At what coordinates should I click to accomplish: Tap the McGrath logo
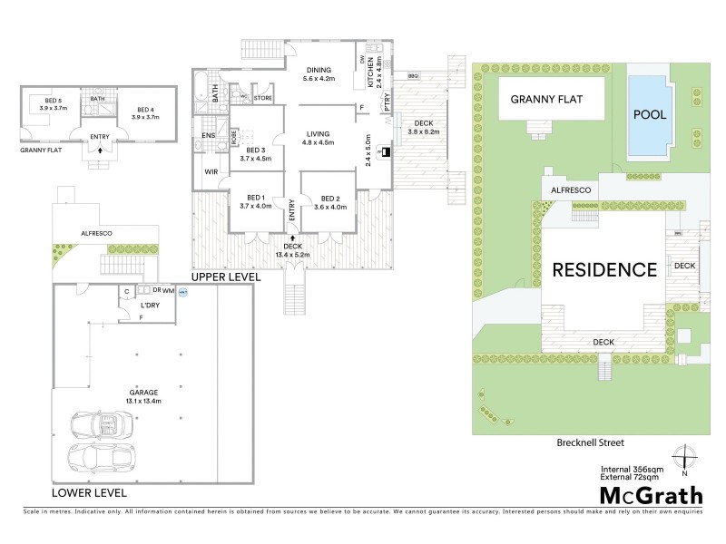[x=651, y=495]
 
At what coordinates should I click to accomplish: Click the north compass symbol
[x=683, y=459]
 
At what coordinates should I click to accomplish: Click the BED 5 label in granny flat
[x=54, y=102]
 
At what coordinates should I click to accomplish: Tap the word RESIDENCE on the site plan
[x=604, y=269]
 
